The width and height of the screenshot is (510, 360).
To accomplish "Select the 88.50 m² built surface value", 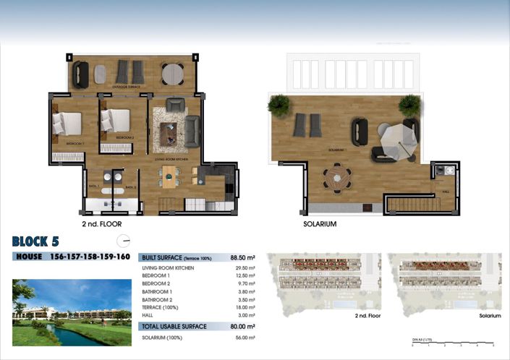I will tap(242, 257).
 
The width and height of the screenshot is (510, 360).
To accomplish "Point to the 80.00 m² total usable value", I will tap(242, 326).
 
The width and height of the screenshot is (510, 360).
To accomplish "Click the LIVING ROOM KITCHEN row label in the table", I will tap(168, 267).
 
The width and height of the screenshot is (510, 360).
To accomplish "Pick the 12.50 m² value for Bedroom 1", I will tap(245, 275).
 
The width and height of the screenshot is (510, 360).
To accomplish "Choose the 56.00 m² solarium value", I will tap(245, 338).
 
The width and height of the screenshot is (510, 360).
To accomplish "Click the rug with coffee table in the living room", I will tap(171, 130).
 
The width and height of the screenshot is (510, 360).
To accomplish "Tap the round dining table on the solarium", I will tap(336, 178).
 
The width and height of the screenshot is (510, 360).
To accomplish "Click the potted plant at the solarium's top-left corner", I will tap(279, 106).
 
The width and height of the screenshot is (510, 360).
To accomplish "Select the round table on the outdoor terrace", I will tap(171, 73).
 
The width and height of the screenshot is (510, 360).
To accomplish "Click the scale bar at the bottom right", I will tap(447, 342).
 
